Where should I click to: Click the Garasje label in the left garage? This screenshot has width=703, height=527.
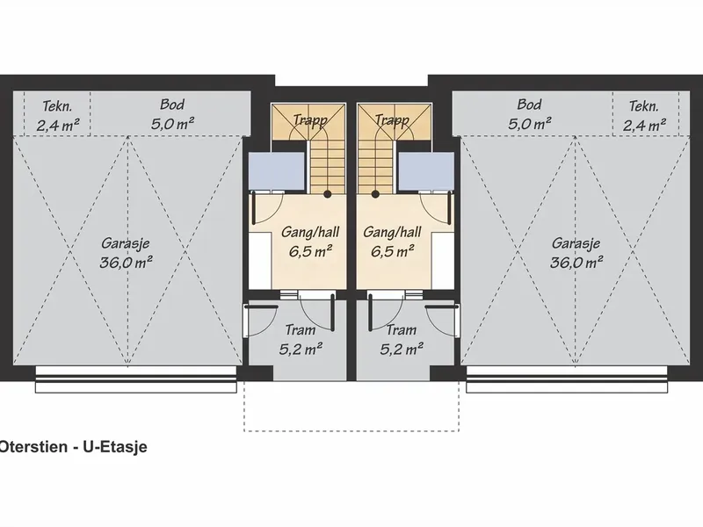point(126,243)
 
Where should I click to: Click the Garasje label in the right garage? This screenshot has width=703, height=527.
point(576,243)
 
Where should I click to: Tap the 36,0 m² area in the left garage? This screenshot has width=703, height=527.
point(126,262)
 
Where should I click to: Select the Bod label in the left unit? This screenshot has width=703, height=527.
point(172,105)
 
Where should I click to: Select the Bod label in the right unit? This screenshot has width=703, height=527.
point(529,105)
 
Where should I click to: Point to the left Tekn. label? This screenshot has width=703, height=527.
point(57,106)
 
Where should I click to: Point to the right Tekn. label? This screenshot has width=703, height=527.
point(644,106)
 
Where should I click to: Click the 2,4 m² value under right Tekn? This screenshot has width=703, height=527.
point(644,125)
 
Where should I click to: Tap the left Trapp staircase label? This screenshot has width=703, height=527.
point(310,120)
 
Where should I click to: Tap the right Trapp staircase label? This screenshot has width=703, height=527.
point(392,120)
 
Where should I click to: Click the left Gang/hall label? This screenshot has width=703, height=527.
point(310,232)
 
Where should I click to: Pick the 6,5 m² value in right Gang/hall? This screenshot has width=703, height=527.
point(392,251)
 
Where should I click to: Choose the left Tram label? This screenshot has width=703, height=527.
point(301,330)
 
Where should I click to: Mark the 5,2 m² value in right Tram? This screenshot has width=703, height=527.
point(402,349)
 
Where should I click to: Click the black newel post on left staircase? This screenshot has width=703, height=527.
point(328,194)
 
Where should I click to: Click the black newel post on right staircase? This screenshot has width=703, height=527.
point(375,194)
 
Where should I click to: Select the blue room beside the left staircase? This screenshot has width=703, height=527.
point(277,170)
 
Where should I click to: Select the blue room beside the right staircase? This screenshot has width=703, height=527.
point(426,170)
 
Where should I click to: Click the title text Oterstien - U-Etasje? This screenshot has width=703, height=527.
point(73,447)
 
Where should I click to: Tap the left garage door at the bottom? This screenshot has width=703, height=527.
point(136,379)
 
